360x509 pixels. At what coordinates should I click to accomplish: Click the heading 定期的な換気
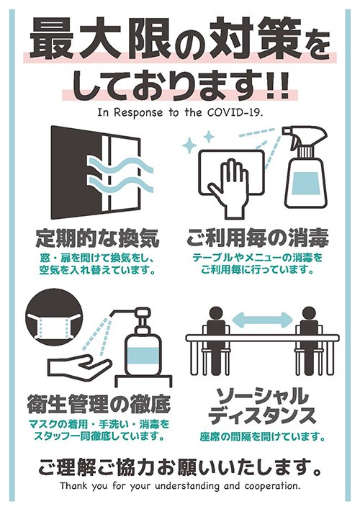[x=96, y=237]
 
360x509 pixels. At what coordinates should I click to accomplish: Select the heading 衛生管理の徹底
[x=99, y=404]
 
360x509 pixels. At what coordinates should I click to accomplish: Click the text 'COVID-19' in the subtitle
[x=238, y=112]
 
